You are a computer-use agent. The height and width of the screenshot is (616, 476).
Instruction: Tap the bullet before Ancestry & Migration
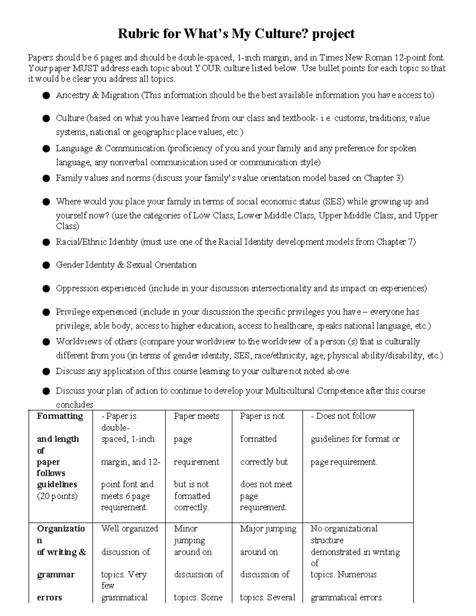[46, 96]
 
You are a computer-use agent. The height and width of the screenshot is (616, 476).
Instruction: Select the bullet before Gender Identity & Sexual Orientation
[46, 265]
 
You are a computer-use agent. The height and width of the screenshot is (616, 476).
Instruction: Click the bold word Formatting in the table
[60, 416]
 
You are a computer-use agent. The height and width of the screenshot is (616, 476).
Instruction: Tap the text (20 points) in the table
[57, 496]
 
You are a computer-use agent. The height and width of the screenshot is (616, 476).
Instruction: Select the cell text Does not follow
[345, 416]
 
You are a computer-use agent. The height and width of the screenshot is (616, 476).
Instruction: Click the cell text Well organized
[129, 529]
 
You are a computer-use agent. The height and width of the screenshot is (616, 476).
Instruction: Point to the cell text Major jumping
[268, 529]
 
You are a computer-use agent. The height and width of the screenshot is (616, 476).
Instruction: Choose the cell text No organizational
[344, 529]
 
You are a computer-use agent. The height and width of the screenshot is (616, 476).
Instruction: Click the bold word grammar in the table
[56, 574]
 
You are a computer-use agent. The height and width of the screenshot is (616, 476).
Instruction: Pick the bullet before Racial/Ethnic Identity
[46, 242]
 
